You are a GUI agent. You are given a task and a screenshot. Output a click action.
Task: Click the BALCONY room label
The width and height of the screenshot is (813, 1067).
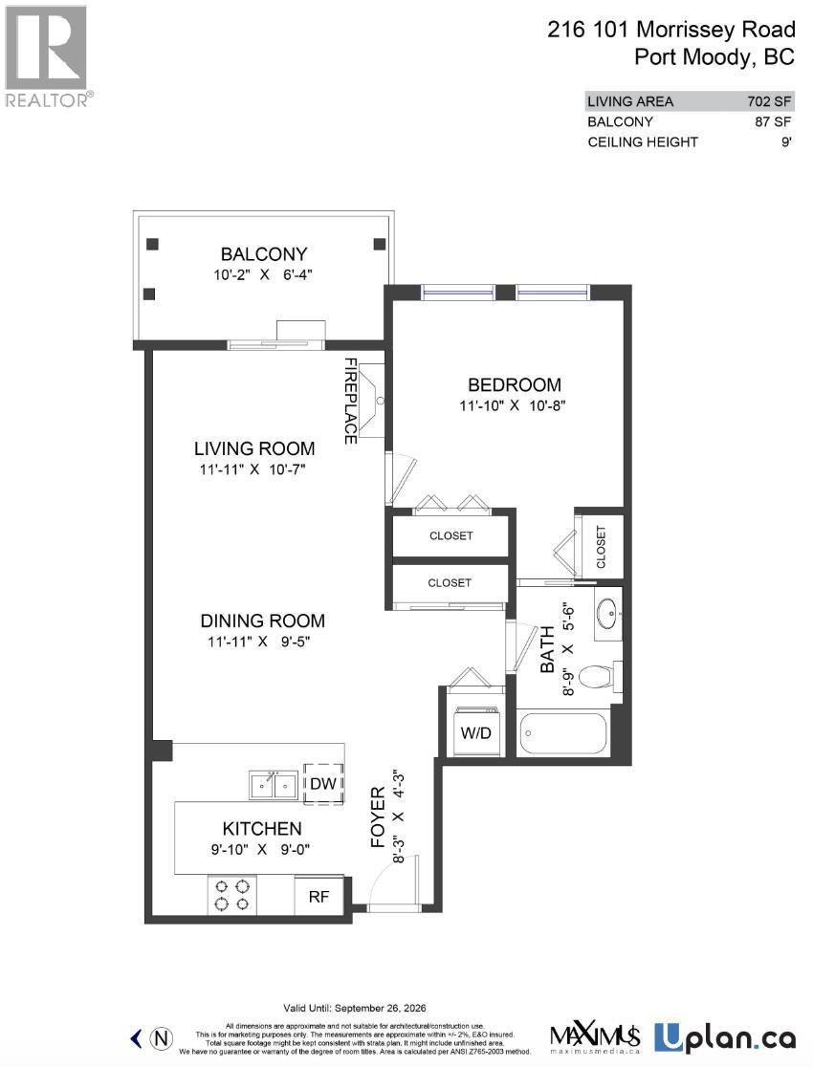[x=264, y=254]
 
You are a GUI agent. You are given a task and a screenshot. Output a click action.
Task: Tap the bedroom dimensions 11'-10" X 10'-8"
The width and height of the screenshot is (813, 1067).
[x=514, y=405]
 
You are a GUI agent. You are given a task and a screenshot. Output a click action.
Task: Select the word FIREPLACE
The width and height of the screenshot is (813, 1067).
[x=351, y=401]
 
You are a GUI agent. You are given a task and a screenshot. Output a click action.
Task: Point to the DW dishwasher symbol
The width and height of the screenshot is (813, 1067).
[x=320, y=784]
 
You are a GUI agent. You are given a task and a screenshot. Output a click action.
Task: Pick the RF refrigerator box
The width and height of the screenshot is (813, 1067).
[x=319, y=897]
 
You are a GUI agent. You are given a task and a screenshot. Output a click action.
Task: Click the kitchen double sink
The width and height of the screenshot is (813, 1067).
[x=273, y=784]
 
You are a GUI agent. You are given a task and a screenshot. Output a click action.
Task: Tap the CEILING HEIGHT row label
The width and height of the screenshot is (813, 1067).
[x=643, y=142]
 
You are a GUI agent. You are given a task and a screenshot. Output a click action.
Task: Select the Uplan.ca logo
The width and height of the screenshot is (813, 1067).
[x=725, y=1035]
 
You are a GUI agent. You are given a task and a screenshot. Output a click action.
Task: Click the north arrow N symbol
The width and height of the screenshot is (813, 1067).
[x=165, y=1037]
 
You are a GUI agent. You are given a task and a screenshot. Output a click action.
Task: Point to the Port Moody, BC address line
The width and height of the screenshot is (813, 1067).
[x=714, y=56]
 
